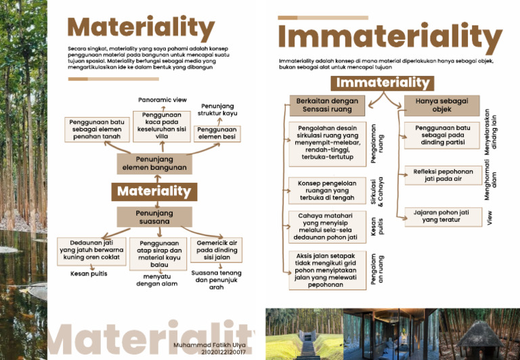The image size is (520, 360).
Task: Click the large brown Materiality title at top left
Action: point(141,28)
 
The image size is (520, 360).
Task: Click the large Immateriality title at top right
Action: point(390,37)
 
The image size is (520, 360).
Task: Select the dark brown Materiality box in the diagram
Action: point(154,192)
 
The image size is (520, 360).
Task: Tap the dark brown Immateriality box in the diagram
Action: point(383,83)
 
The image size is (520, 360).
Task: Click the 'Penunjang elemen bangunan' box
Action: point(154,163)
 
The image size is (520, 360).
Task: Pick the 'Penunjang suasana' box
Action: point(154,217)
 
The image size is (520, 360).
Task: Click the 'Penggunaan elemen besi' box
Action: point(216,133)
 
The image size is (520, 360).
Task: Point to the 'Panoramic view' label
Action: point(162,99)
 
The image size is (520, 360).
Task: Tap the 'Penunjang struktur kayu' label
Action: point(217,110)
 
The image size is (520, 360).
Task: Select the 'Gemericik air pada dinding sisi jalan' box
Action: point(217,250)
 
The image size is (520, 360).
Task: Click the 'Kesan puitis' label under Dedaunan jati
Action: point(89,274)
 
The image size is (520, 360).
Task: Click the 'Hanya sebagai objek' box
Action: point(441,105)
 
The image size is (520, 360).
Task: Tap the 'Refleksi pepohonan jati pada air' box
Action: point(443,176)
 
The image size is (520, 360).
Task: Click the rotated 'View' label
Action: point(490,218)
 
